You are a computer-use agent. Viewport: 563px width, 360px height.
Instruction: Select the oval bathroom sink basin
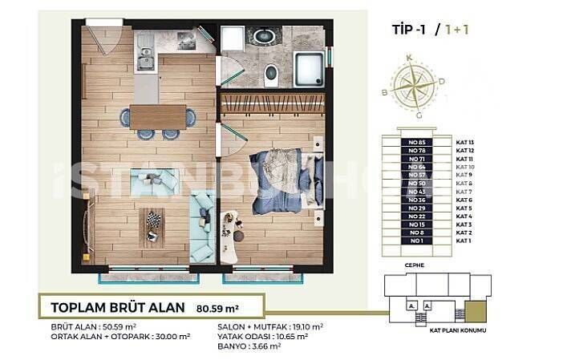[262, 36]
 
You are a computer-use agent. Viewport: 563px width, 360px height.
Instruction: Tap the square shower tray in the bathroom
[309, 68]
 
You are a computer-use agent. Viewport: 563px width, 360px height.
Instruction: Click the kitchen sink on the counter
[144, 58]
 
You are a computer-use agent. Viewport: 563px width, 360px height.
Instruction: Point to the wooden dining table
[157, 118]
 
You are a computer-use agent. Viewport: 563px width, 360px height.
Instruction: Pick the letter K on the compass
[410, 58]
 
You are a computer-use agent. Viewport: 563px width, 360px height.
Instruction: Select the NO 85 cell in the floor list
[415, 143]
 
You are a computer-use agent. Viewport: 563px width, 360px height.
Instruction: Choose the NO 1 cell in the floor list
[415, 241]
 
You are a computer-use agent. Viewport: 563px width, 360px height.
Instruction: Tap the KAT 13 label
[466, 143]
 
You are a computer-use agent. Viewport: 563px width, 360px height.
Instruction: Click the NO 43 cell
[415, 192]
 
